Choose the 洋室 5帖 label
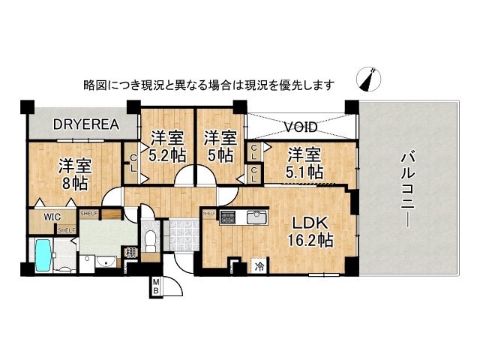tap(219, 145)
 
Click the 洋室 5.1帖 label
tap(304, 162)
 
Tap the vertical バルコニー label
tap(409, 187)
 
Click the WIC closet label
tap(52, 217)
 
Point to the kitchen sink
tap(256, 217)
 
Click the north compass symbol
tap(371, 79)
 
